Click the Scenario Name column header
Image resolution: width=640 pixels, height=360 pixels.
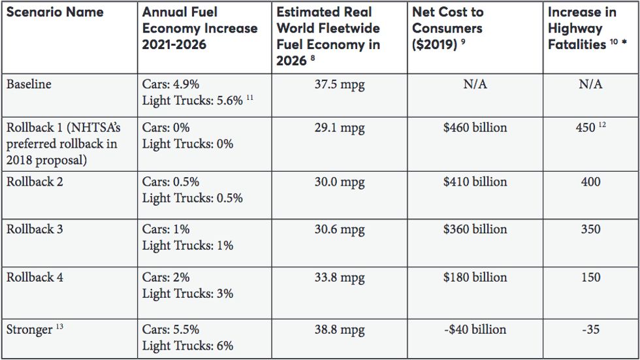tap(55, 12)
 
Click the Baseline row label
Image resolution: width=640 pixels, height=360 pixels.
tap(29, 84)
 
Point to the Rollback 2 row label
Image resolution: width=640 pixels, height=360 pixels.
tap(35, 182)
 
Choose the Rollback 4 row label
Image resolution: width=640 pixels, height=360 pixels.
tap(35, 277)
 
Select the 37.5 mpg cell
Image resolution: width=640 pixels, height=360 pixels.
tap(340, 85)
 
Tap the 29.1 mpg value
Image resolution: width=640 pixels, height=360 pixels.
tap(340, 128)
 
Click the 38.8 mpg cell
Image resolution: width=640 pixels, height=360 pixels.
tap(340, 329)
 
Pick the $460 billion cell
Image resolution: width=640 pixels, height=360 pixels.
tap(475, 128)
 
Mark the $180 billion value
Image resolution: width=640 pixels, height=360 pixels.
tap(475, 277)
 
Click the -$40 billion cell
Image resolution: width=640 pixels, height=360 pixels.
tap(475, 329)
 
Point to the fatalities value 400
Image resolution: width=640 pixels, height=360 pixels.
tap(590, 182)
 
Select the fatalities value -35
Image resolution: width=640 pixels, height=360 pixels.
tap(590, 329)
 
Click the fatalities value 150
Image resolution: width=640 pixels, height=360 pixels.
tap(590, 277)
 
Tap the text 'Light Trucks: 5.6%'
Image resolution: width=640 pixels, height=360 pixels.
tap(193, 101)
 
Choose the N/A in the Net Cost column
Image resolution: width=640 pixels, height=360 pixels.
tap(475, 85)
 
